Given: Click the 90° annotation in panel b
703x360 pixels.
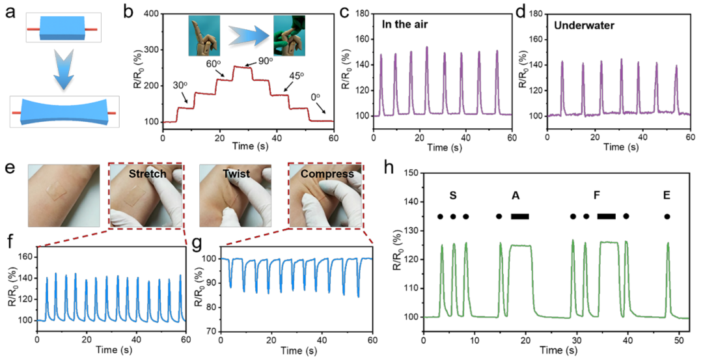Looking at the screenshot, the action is click(x=265, y=61).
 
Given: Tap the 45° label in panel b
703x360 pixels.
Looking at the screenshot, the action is click(x=297, y=76).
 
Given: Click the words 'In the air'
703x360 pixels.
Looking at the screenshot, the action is click(x=405, y=25).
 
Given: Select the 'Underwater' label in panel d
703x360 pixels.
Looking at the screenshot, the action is click(x=584, y=25).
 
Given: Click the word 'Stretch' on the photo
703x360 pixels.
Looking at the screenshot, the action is click(x=148, y=174).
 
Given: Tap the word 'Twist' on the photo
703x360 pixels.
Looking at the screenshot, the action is click(x=236, y=174).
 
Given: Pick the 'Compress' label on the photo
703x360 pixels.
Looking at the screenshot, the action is click(x=327, y=174).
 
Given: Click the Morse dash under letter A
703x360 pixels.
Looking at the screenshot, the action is click(x=520, y=217).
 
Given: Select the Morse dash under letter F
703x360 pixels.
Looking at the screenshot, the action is click(x=606, y=217).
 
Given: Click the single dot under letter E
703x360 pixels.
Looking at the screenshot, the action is click(x=667, y=217).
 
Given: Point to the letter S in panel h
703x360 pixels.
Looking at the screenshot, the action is click(x=453, y=195).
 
